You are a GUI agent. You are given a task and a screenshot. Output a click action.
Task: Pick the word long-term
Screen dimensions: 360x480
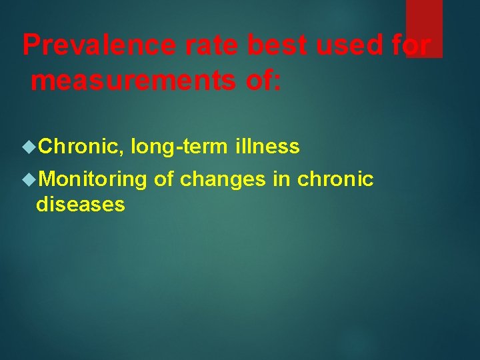pos(179,146)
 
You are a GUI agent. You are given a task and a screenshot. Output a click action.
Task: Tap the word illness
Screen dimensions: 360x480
pos(267,146)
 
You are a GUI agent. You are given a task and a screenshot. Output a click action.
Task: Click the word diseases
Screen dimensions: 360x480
pos(80,205)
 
